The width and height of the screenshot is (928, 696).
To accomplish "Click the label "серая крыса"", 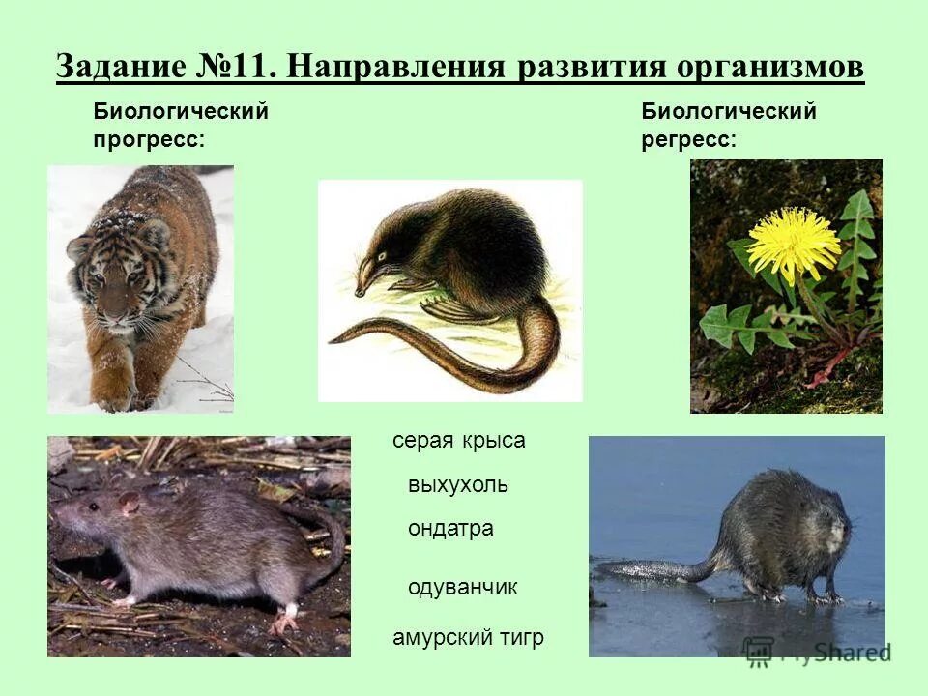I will pyautogui.click(x=458, y=441).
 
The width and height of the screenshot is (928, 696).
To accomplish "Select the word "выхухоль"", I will pyautogui.click(x=457, y=485).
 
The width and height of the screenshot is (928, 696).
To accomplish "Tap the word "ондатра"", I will pyautogui.click(x=450, y=529).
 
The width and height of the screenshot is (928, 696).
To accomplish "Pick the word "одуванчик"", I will pyautogui.click(x=463, y=588).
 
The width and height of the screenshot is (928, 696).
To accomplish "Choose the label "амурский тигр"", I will pyautogui.click(x=468, y=638).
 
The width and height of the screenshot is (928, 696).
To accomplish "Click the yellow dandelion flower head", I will pyautogui.click(x=794, y=244).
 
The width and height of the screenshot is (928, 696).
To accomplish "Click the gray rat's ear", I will pyautogui.click(x=129, y=503).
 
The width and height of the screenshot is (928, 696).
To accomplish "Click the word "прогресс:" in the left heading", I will pyautogui.click(x=149, y=139).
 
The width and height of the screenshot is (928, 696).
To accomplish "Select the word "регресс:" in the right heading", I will pyautogui.click(x=688, y=139).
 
